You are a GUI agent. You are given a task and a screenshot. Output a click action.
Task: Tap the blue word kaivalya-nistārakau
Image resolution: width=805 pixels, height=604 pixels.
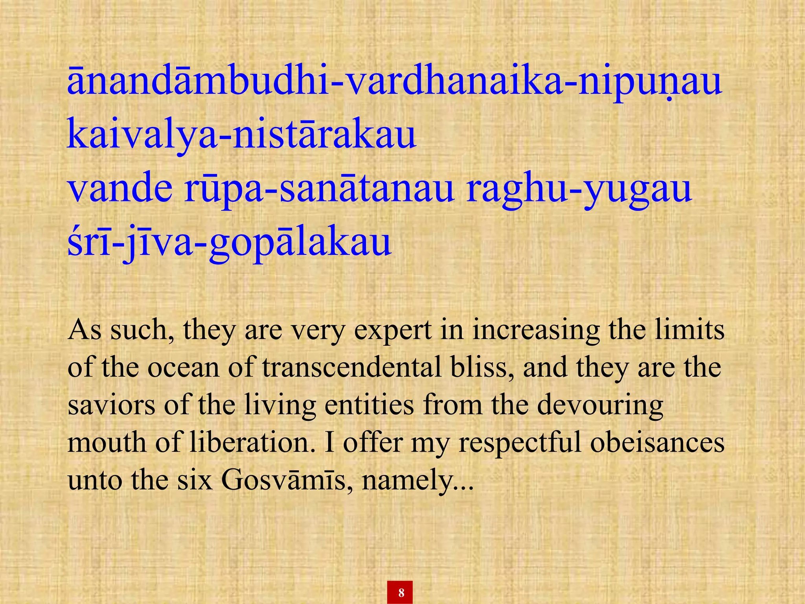point(241,135)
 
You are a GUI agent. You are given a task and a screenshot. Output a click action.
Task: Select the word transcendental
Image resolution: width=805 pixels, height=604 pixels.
point(352,368)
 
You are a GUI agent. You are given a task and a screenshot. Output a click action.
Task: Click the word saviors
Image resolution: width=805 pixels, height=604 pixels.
point(111,405)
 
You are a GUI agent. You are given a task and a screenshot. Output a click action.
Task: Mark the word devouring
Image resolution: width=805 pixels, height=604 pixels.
point(600,406)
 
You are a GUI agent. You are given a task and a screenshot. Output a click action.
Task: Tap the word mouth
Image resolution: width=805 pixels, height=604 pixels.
point(107,442)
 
